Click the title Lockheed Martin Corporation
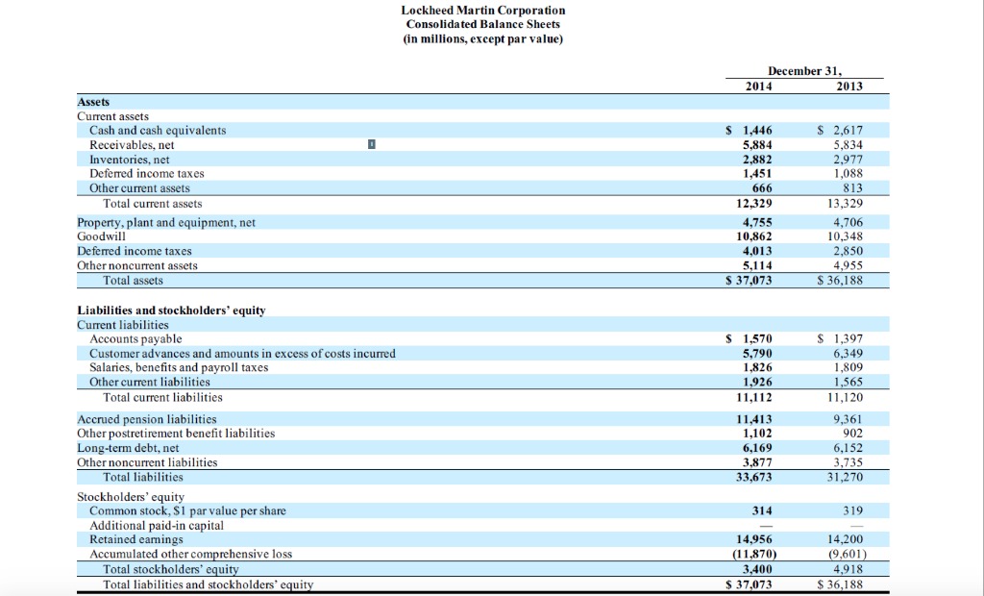(482, 10)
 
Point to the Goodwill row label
(101, 236)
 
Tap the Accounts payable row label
(135, 338)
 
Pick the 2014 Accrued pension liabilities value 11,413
(754, 419)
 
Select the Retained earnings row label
(137, 539)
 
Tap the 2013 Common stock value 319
(851, 510)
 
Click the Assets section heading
(93, 101)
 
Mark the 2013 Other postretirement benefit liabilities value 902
(851, 434)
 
